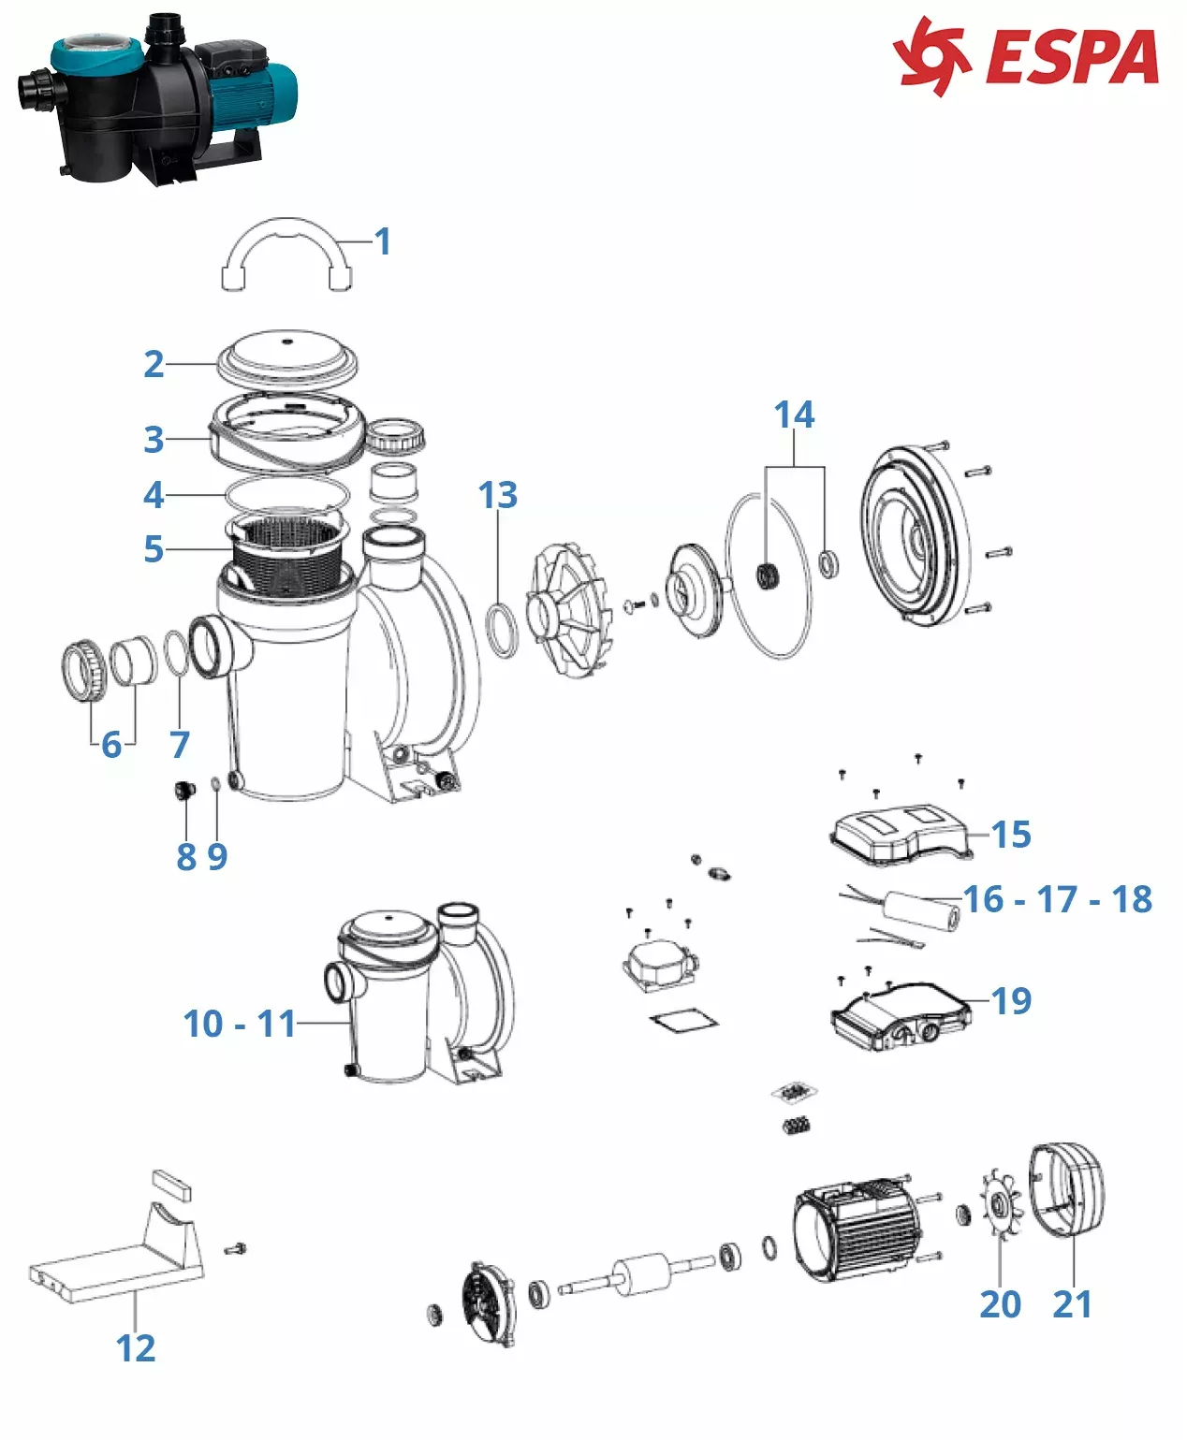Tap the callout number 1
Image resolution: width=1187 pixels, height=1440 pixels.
pyautogui.click(x=382, y=241)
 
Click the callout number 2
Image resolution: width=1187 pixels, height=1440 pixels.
pyautogui.click(x=154, y=363)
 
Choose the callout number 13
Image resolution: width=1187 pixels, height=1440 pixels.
pyautogui.click(x=497, y=495)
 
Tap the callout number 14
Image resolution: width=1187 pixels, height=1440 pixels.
pyautogui.click(x=794, y=415)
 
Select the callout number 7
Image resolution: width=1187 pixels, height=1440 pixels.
pyautogui.click(x=180, y=745)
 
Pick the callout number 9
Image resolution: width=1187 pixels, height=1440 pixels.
pyautogui.click(x=217, y=856)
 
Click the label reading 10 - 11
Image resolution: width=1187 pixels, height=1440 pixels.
pyautogui.click(x=240, y=1024)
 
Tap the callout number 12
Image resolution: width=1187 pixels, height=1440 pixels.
pyautogui.click(x=136, y=1348)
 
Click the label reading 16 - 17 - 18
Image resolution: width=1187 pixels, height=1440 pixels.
pyautogui.click(x=1059, y=899)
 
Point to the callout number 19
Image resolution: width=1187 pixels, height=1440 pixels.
pyautogui.click(x=1012, y=1000)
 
